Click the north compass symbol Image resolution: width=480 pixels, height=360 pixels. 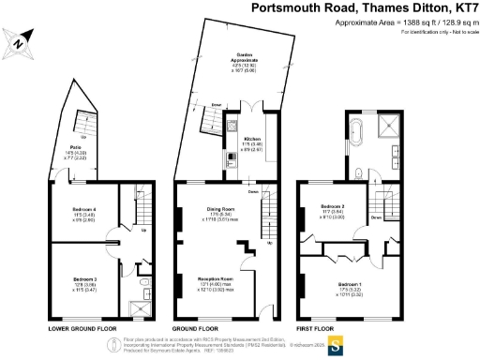(x=20, y=40)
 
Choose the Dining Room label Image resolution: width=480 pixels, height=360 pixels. (x=220, y=211)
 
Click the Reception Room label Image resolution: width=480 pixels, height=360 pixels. (x=215, y=279)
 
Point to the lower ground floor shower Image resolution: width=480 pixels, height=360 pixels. (x=143, y=304)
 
